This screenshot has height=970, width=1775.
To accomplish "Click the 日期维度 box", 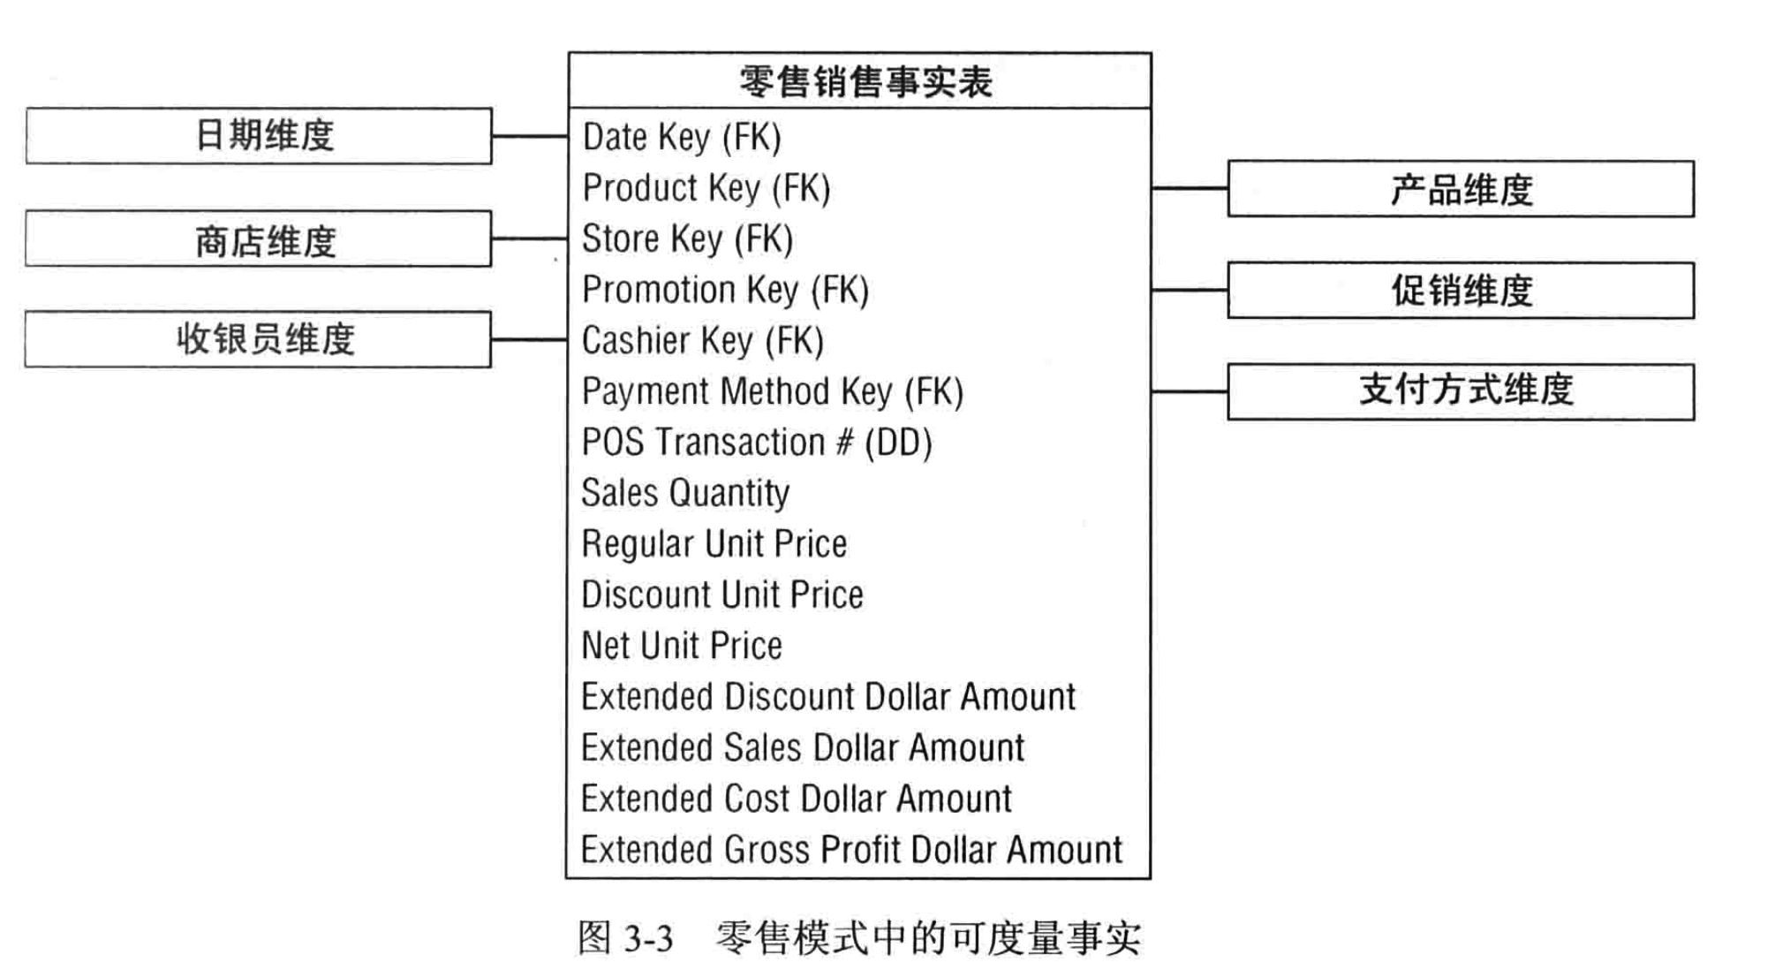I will [259, 136].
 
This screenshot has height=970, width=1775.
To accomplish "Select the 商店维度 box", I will [259, 239].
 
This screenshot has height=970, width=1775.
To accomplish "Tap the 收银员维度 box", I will [259, 339].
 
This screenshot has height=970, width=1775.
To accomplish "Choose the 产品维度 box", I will [1461, 189].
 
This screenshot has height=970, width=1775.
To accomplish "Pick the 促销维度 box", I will [1461, 290].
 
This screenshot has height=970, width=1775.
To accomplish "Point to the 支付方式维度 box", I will [1461, 391].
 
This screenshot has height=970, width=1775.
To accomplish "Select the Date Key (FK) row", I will [682, 137].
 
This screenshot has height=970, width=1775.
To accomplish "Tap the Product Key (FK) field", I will [706, 188].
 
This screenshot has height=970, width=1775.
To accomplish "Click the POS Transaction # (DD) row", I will [756, 443].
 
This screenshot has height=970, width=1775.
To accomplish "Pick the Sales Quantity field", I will [685, 493].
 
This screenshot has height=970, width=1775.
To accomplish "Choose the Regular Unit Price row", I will [714, 544].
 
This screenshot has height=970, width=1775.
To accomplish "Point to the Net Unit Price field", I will [682, 646].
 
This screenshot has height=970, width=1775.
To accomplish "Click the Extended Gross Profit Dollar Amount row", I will [851, 850].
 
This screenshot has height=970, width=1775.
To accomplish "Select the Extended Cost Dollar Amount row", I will [796, 799].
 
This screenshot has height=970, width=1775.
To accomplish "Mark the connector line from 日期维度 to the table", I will [530, 136].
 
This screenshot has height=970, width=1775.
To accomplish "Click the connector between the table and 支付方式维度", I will [1190, 391].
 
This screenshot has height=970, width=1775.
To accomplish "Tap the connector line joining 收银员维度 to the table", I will [530, 339].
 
